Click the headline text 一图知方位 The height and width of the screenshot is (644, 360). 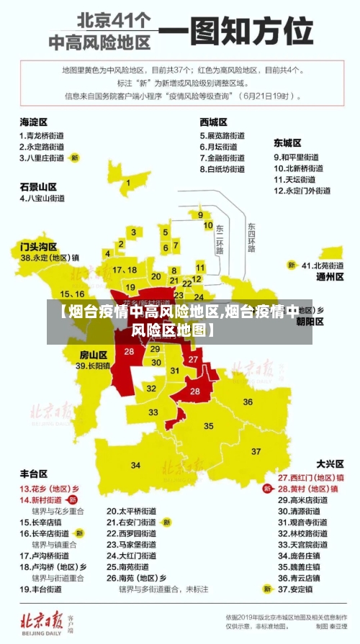pos(235,31)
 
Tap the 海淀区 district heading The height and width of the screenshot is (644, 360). pos(33,122)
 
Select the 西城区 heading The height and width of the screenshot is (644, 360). pos(214,122)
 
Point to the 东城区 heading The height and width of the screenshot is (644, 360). pos(287,142)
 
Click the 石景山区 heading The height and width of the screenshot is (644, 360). pos(38,186)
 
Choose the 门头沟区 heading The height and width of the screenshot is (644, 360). pos(38,246)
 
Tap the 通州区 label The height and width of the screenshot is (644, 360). pos(330,276)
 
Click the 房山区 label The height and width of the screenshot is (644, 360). pos(93,355)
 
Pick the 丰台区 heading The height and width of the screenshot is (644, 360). pos(33,473)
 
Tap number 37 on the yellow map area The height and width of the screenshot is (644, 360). pos(256,451)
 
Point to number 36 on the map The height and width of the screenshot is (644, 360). pos(248,402)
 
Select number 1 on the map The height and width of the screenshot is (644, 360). pos(128,183)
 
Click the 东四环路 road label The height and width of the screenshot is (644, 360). pos(251,238)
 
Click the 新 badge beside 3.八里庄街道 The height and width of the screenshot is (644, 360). pos(74,157)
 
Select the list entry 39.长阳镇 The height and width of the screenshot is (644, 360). pos(93,366)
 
